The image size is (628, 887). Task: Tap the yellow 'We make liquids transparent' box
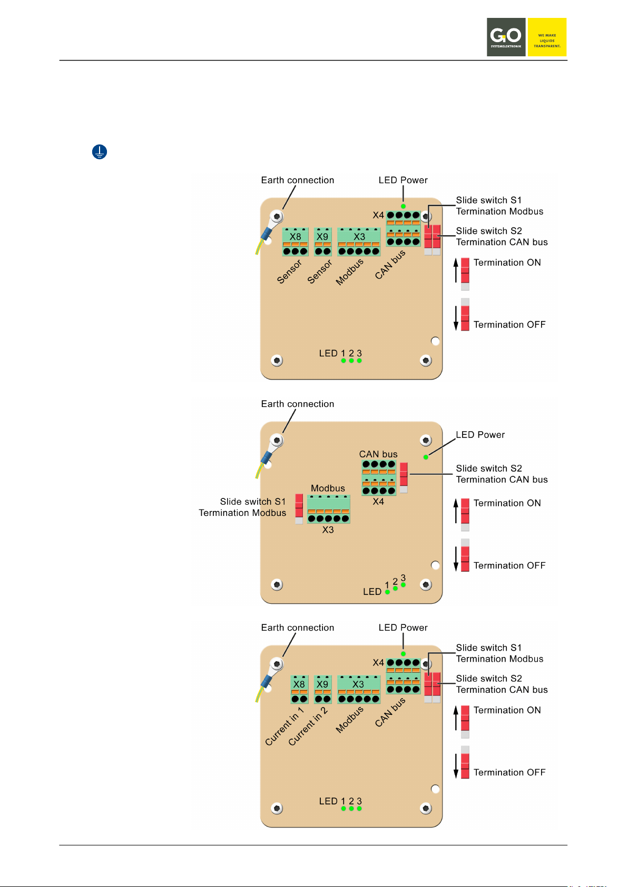(x=547, y=37)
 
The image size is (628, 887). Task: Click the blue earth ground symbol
(x=100, y=152)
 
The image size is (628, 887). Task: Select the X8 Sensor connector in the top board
(x=295, y=242)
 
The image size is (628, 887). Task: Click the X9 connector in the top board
(x=322, y=242)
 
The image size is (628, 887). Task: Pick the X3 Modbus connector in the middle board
(x=328, y=509)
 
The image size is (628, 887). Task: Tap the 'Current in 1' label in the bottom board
(x=284, y=726)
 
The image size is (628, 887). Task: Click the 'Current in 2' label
(x=308, y=726)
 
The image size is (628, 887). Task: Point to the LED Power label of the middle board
(x=480, y=435)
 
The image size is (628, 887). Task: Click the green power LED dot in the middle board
(x=426, y=457)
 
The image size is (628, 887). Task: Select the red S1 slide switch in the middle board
(x=299, y=509)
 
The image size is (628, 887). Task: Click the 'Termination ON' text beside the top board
(x=507, y=263)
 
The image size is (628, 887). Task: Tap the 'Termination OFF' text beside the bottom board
(x=509, y=772)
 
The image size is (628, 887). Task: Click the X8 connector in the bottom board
(x=299, y=690)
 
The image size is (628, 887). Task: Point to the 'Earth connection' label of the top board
(x=298, y=180)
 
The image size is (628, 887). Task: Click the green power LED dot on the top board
(x=404, y=206)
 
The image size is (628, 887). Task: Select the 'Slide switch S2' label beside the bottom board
(x=489, y=679)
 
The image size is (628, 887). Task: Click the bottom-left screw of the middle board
(x=277, y=584)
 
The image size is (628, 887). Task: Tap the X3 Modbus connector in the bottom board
(x=359, y=690)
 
